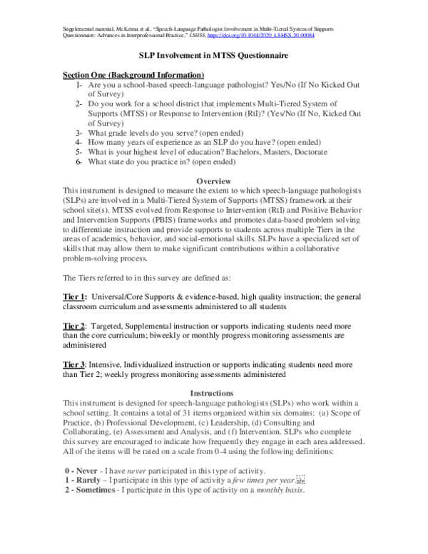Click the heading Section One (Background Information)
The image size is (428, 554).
click(x=133, y=75)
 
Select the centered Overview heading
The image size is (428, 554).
click(x=213, y=182)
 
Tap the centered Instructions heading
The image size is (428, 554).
click(x=213, y=393)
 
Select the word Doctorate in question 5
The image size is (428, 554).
click(x=305, y=152)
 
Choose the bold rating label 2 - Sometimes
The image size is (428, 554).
click(x=93, y=490)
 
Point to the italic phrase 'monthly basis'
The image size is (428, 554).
click(x=279, y=490)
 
